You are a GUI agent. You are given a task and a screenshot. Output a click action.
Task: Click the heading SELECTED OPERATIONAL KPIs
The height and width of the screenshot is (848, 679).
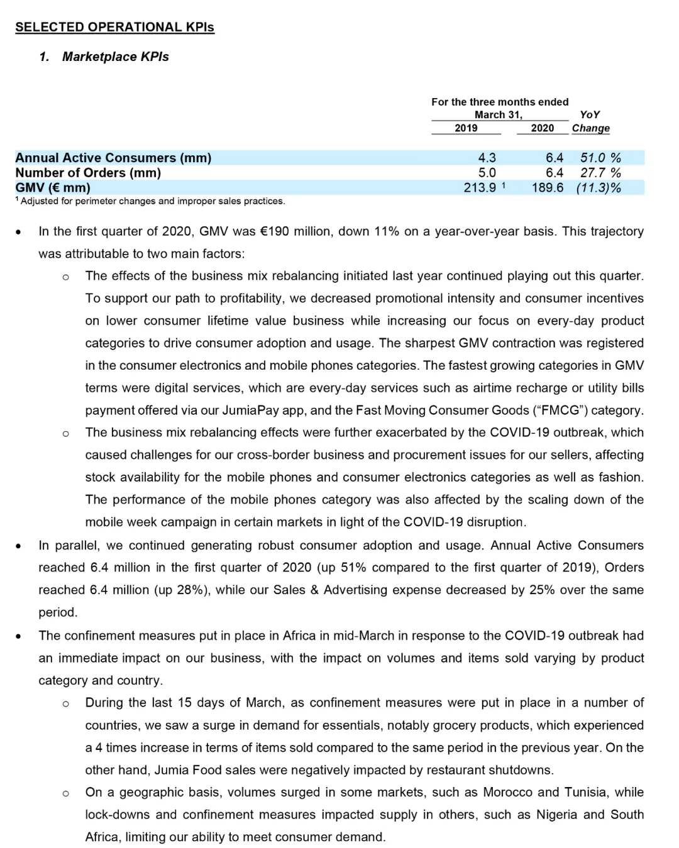point(114,27)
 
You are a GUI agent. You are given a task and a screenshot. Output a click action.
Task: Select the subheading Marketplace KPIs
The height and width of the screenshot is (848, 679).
point(115,57)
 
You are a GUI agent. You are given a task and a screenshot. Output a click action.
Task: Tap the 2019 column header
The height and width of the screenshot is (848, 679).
point(466,128)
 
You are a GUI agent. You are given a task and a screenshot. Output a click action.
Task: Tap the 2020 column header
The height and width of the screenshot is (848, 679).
point(542,128)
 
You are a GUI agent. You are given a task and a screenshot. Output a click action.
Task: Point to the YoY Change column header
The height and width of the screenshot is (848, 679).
point(590,121)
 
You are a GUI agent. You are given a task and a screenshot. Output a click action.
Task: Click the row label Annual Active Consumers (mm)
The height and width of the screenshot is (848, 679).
point(113,158)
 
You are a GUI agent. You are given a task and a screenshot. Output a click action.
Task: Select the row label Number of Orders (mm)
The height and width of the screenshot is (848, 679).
point(88,173)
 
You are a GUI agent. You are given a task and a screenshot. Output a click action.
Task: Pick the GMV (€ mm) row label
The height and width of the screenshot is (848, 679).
point(53,188)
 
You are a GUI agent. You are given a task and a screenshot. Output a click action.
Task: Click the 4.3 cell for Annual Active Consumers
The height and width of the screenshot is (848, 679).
point(487,158)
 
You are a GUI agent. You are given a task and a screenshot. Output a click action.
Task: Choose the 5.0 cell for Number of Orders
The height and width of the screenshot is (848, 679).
point(487,173)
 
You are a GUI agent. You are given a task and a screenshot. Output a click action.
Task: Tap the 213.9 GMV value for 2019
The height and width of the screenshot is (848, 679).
point(480,188)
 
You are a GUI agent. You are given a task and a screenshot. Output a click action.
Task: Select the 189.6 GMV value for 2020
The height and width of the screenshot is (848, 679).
point(547,188)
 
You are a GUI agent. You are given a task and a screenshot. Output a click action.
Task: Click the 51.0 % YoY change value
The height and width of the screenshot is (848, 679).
point(600,158)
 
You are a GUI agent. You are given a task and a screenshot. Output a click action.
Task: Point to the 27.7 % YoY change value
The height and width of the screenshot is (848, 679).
point(600,173)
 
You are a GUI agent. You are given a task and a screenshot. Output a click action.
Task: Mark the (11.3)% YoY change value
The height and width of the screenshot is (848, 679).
point(599,188)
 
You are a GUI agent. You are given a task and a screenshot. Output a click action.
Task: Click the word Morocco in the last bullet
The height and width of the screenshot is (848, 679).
point(508,792)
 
